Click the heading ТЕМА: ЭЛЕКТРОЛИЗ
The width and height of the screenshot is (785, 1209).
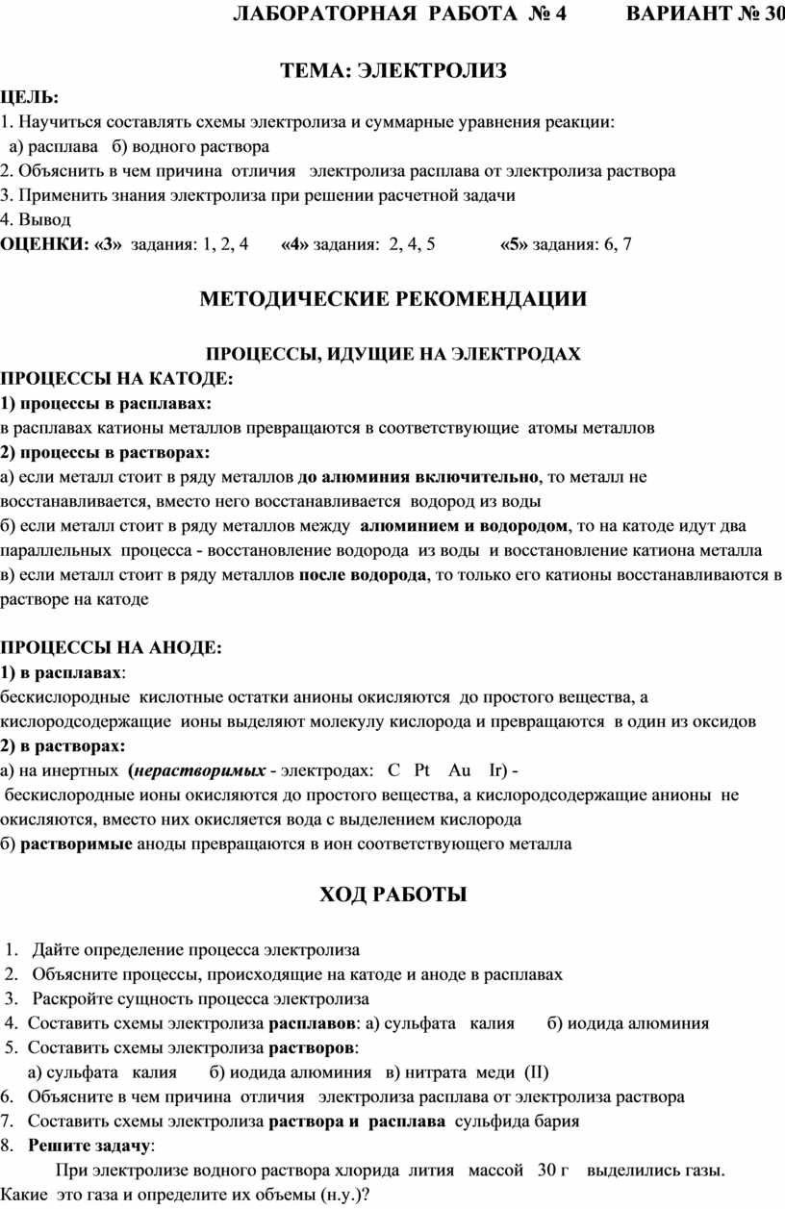392,71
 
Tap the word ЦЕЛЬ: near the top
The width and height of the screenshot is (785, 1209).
29,97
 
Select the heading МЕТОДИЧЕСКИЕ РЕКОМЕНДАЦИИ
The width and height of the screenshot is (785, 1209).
392,298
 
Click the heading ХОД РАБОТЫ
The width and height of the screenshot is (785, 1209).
392,895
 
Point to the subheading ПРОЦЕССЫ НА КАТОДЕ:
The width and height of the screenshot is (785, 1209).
117,378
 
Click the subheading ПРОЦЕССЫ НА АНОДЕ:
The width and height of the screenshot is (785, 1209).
111,647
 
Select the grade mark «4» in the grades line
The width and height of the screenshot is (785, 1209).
295,244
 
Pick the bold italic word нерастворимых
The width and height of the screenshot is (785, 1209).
201,770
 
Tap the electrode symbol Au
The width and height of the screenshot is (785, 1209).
460,770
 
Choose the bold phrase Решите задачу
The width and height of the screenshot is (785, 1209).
89,1146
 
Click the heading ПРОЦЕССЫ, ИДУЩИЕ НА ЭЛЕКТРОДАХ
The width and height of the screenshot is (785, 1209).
394,354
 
